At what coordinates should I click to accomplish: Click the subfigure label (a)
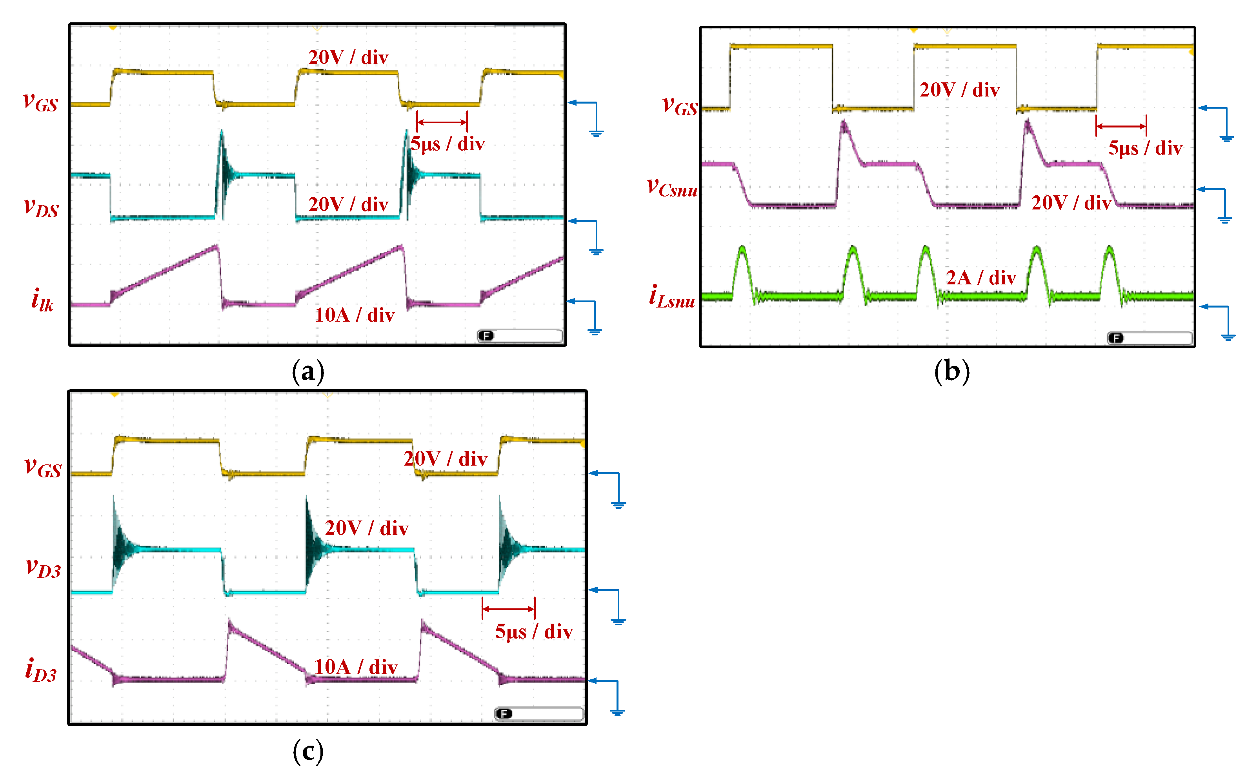click(308, 371)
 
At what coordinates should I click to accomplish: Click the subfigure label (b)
click(951, 371)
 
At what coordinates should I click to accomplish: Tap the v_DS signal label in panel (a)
click(41, 207)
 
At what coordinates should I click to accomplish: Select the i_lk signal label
click(42, 300)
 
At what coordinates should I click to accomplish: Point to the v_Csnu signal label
click(672, 187)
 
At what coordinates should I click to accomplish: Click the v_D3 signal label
click(43, 567)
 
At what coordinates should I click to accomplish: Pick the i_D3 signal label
click(41, 670)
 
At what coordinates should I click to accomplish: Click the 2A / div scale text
click(981, 278)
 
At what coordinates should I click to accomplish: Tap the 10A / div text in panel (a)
click(355, 315)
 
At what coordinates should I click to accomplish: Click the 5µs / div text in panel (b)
click(1145, 148)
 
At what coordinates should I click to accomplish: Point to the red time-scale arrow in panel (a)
click(442, 122)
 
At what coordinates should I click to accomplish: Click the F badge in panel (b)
click(1116, 338)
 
